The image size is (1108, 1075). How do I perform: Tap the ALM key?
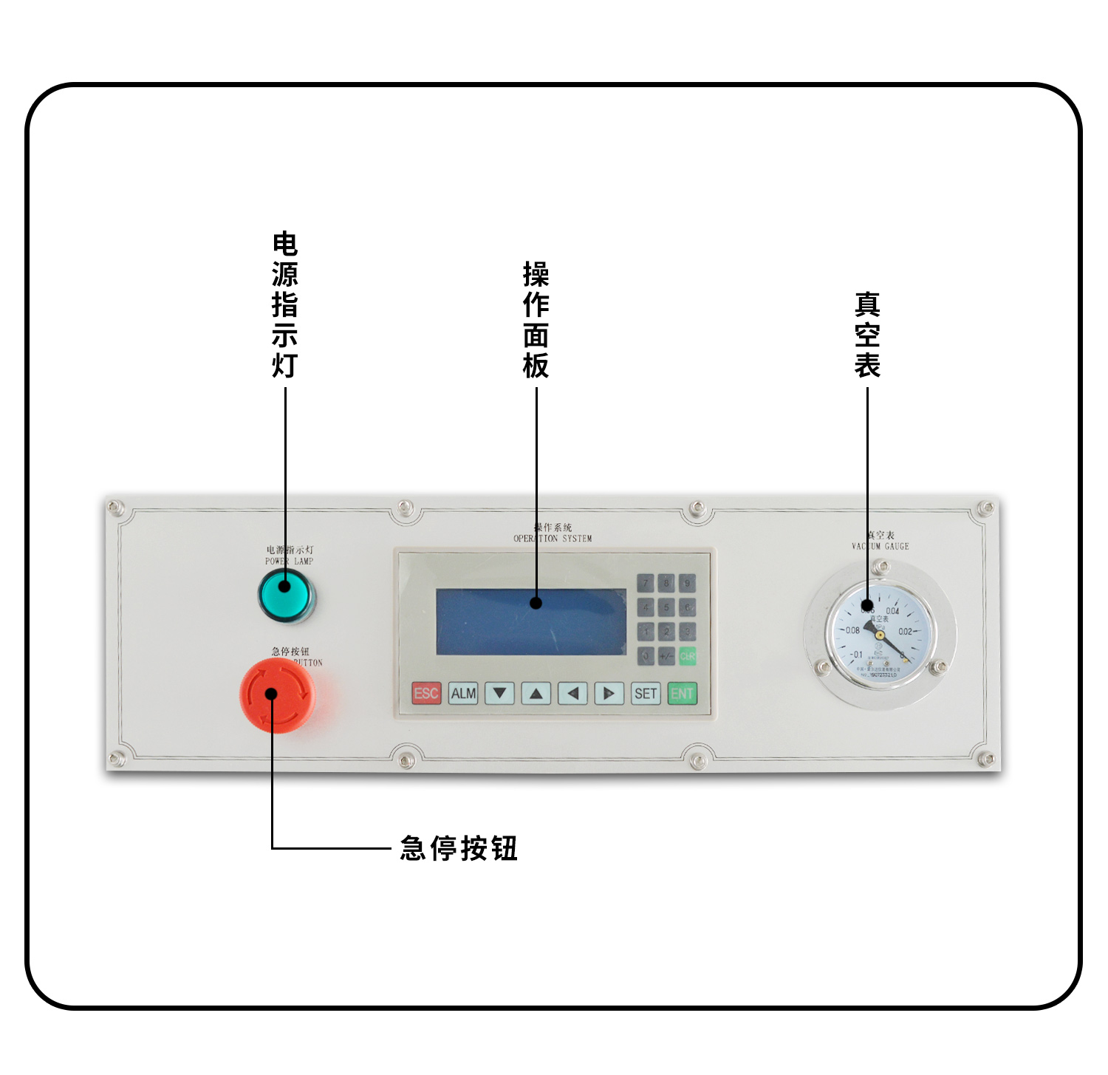point(463,694)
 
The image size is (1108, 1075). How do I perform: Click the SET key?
point(645,694)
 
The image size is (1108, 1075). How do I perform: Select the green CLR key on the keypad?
point(687,655)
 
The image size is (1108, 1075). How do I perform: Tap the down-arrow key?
point(499,694)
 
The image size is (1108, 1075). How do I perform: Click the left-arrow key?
point(572,694)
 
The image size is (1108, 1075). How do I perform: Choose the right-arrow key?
point(609,694)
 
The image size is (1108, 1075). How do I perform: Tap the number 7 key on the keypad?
point(646,584)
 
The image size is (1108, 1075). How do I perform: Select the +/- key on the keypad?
point(666,655)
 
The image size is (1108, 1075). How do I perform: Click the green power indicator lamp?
point(286,595)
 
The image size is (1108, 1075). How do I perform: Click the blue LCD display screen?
point(530,622)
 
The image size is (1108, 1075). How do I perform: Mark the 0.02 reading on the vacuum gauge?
point(906,632)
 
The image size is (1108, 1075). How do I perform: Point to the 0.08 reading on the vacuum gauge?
point(852,630)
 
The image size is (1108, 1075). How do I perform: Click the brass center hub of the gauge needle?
point(880,634)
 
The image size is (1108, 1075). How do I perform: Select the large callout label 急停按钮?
point(459,848)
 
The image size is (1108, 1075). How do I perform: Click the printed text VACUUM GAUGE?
point(880,547)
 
